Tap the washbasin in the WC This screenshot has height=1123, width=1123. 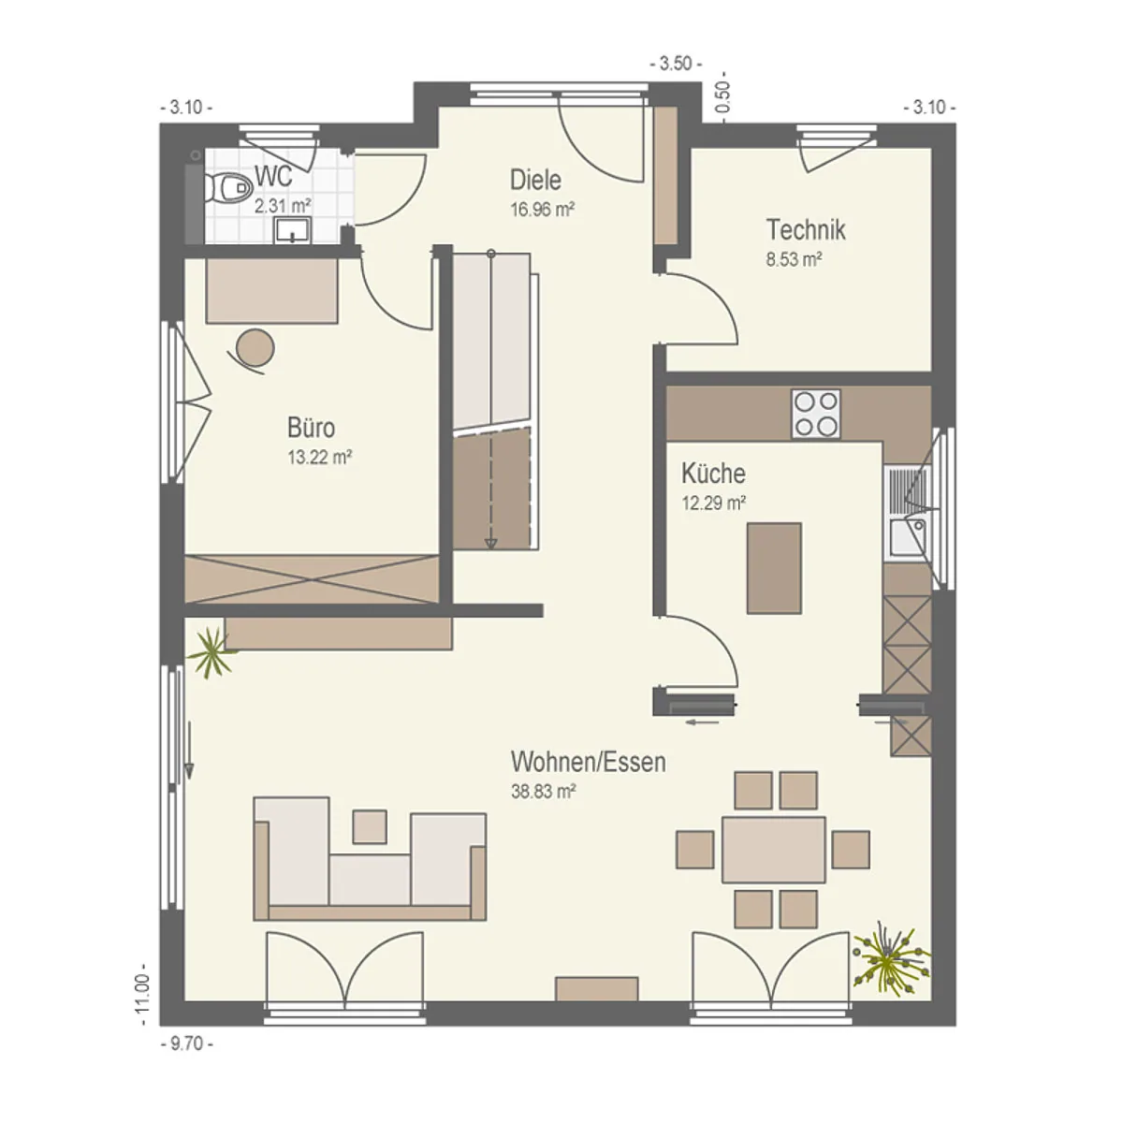click(293, 229)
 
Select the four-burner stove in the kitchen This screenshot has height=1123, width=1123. click(815, 414)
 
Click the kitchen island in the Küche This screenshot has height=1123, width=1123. click(773, 568)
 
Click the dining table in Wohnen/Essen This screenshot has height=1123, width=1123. click(773, 849)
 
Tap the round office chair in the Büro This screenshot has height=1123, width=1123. click(255, 348)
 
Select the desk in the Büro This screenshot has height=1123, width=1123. click(271, 291)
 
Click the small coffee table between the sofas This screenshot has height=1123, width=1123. click(370, 826)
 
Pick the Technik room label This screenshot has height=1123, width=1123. click(806, 229)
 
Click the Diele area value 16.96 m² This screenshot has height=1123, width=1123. click(543, 210)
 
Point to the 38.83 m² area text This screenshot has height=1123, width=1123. click(543, 792)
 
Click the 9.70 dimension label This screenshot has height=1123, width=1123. click(186, 1043)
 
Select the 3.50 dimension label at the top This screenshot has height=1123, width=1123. click(676, 64)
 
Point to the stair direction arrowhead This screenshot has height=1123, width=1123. click(491, 543)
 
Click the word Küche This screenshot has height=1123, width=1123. click(713, 474)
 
